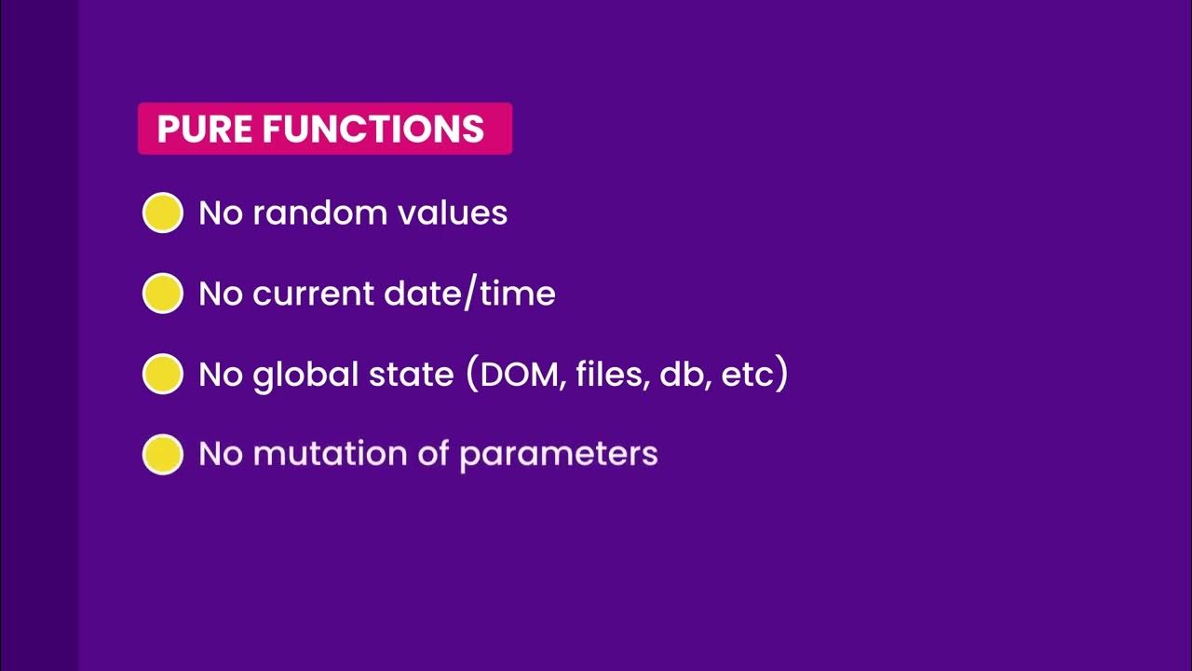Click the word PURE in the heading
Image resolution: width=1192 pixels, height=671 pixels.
[204, 129]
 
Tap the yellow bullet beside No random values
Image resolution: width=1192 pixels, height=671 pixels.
[162, 212]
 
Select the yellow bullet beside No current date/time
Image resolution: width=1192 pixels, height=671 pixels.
[162, 294]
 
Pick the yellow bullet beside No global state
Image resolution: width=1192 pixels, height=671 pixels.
[162, 374]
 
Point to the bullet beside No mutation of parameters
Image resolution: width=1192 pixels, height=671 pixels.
[162, 455]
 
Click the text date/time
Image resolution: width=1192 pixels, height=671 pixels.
[467, 294]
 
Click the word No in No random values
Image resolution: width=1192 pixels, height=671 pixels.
[220, 213]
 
